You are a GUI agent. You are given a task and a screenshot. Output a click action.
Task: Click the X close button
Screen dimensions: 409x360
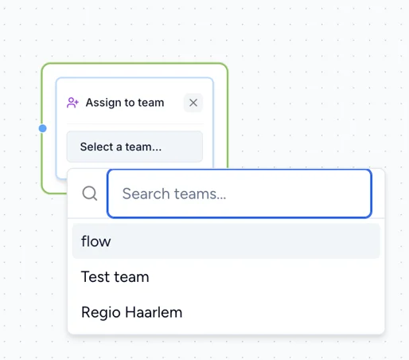click(193, 103)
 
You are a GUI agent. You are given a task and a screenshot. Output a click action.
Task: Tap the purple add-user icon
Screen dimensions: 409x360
click(72, 103)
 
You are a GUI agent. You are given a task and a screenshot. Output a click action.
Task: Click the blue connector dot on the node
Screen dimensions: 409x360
click(42, 128)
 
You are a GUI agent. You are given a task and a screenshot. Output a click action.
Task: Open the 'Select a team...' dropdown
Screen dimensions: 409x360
click(134, 147)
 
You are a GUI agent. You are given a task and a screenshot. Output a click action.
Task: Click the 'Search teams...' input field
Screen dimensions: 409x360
click(240, 194)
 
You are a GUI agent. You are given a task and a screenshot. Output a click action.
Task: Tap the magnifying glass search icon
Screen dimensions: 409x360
click(90, 194)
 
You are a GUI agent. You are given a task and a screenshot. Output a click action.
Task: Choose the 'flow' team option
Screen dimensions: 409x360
click(226, 241)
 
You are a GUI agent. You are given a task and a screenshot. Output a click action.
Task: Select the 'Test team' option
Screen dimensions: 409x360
click(226, 276)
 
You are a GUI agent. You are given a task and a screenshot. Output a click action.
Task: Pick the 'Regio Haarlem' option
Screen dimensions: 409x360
click(226, 312)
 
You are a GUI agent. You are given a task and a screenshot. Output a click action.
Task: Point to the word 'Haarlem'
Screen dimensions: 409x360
click(154, 312)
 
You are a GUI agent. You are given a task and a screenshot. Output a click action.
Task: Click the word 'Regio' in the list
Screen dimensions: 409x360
click(101, 313)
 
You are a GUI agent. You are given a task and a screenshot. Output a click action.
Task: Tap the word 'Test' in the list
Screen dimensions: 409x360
click(95, 276)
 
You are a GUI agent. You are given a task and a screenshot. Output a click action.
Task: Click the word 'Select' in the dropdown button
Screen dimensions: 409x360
click(97, 147)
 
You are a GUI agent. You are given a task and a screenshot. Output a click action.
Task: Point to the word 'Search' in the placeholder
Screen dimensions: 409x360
click(146, 194)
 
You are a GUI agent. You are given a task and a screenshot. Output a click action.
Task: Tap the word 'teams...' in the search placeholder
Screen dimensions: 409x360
click(200, 194)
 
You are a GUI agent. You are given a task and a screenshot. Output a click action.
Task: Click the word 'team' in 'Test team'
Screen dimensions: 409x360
click(131, 277)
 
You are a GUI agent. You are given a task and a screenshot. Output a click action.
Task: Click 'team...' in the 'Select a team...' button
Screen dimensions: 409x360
click(143, 147)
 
